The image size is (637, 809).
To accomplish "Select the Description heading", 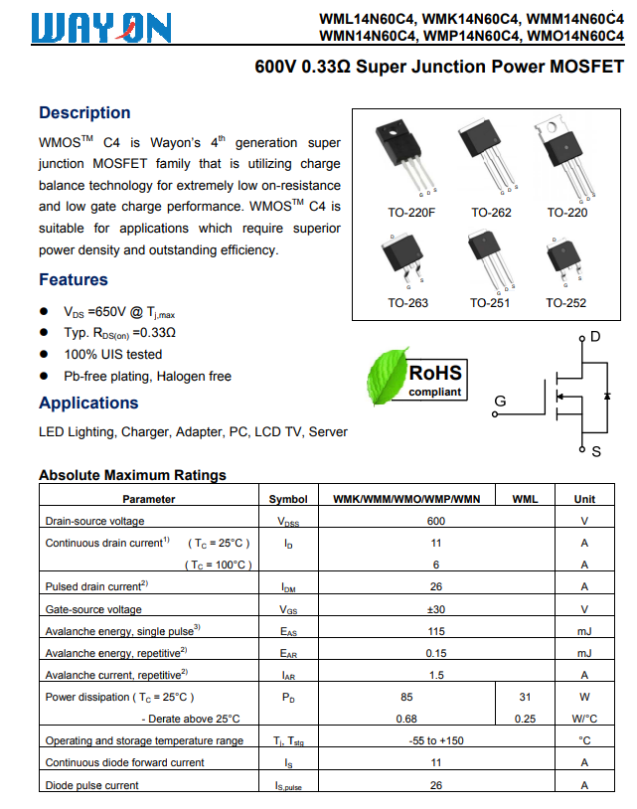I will [84, 113].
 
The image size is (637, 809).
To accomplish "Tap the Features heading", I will [74, 280].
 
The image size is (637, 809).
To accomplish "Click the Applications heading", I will [88, 404].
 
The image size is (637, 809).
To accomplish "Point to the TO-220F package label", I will [411, 213].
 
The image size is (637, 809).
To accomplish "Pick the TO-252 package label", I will [565, 303].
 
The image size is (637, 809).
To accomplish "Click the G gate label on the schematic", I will [500, 402].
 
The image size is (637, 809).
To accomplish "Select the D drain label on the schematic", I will [595, 338].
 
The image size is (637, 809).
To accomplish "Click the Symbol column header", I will [288, 499].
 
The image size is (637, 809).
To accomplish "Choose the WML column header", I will [525, 499].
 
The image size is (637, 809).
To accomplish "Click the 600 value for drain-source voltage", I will [435, 521].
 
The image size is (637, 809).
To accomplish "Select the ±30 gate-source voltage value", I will [435, 609].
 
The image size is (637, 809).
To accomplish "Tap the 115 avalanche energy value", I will [435, 631].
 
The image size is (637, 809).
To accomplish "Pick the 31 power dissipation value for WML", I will [525, 698].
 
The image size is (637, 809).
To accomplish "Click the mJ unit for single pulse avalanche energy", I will [584, 631].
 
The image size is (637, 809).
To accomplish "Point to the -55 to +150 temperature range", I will [435, 740].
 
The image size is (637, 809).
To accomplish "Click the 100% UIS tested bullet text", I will [113, 355].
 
